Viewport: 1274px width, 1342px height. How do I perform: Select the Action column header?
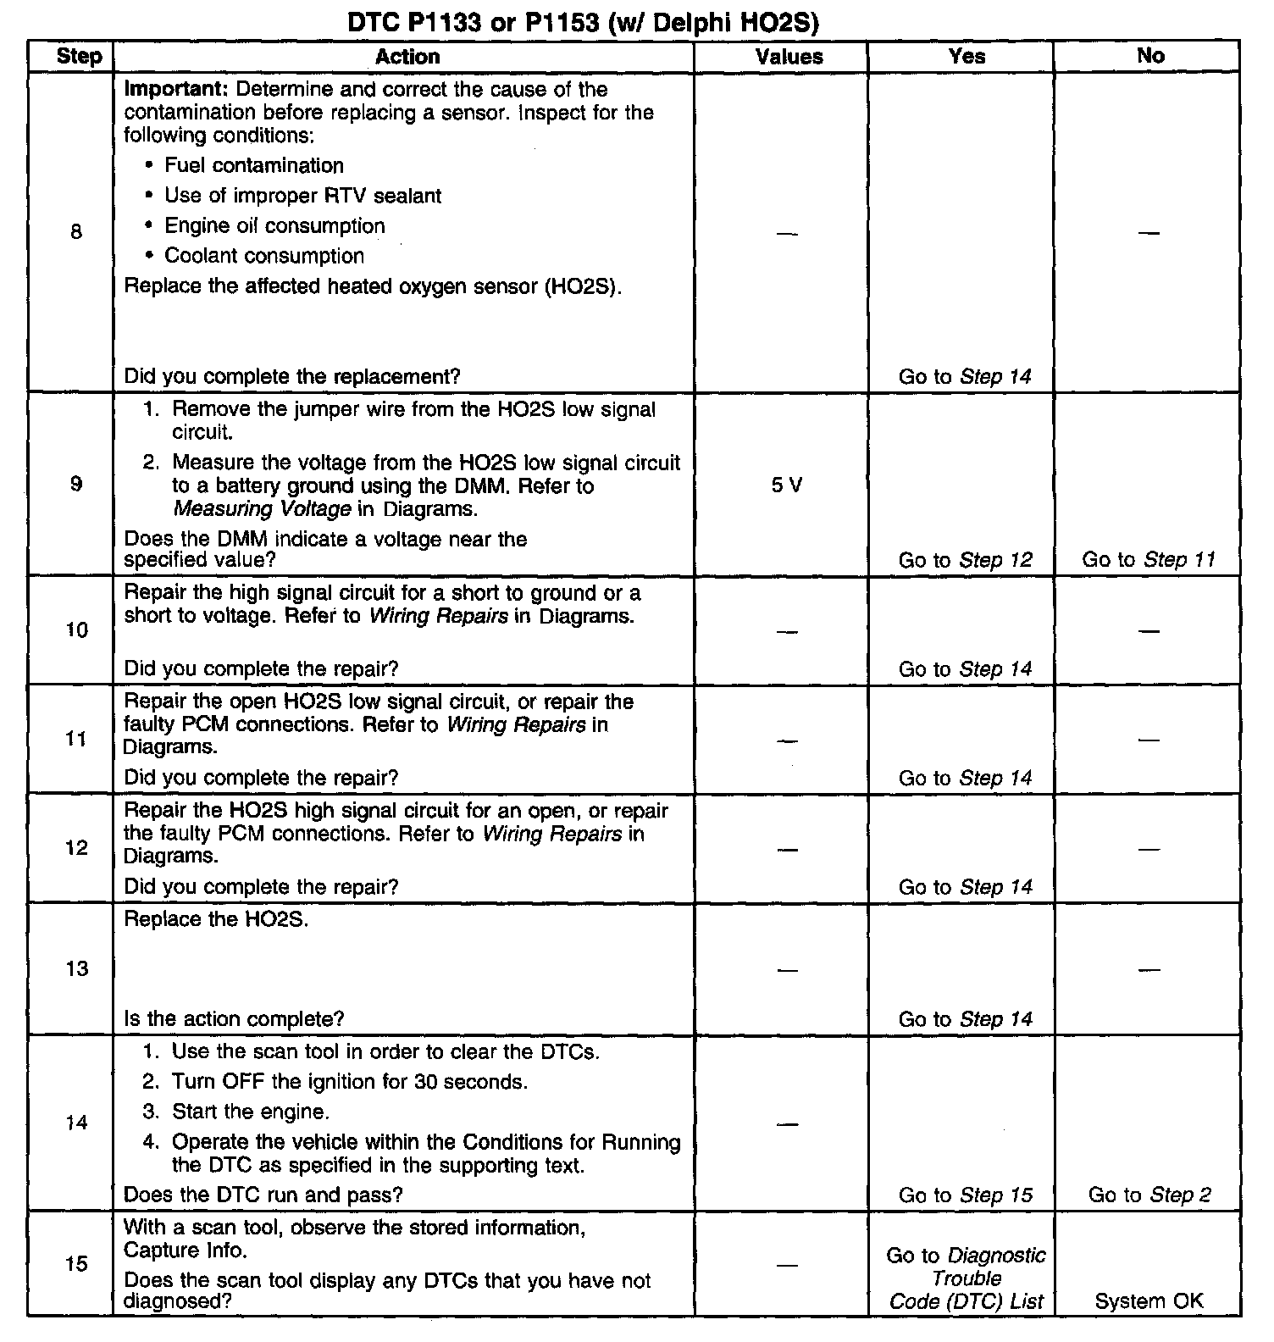407,57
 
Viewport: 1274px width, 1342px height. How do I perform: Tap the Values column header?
789,57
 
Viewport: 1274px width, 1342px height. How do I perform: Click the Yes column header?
967,57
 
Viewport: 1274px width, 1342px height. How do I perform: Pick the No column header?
1149,56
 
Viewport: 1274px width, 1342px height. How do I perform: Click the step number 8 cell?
76,231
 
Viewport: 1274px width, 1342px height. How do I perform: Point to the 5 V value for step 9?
787,485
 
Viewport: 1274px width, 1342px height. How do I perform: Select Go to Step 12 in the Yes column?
965,560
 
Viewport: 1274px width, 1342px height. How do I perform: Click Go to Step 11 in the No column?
1149,559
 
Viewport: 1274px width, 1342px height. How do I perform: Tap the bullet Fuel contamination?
253,165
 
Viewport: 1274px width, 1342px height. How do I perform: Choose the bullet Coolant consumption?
263,256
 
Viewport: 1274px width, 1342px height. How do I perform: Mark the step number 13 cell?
76,968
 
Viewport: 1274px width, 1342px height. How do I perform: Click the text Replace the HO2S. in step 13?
216,919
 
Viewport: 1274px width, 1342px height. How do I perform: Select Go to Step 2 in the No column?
1149,1195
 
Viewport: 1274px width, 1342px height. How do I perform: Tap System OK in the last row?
1149,1301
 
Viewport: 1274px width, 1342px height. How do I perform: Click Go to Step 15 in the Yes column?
965,1195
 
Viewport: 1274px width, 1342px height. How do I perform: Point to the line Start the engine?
250,1112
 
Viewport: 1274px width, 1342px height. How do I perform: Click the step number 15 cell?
76,1264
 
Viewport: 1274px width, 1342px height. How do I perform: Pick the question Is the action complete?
234,1019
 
